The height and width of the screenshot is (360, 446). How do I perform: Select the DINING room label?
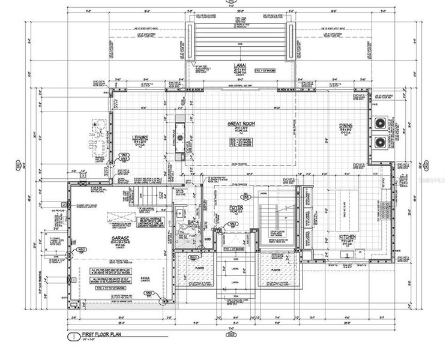[x=345, y=125]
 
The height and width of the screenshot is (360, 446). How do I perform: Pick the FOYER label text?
[x=235, y=208]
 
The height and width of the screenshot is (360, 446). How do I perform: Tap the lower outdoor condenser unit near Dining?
[x=381, y=143]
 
